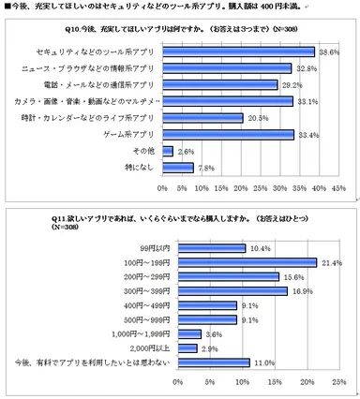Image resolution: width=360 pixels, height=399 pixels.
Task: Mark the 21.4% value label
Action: pos(330,263)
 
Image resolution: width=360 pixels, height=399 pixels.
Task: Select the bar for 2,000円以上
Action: pos(185,347)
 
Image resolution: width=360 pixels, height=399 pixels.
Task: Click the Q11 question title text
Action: pos(178,222)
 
